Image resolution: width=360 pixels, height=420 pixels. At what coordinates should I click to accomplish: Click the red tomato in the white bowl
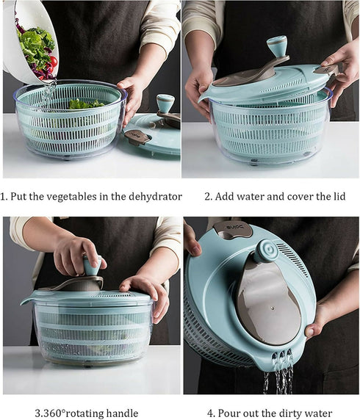pos(52,61)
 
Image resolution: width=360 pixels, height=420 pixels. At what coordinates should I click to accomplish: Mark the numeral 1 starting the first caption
pos(4,197)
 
